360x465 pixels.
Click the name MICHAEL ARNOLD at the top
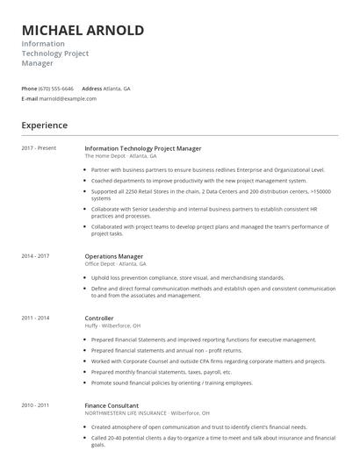pyautogui.click(x=83, y=31)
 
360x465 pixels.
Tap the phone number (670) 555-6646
pyautogui.click(x=57, y=89)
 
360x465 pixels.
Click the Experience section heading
pyautogui.click(x=45, y=125)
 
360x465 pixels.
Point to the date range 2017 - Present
pyautogui.click(x=39, y=148)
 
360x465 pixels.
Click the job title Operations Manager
pyautogui.click(x=114, y=256)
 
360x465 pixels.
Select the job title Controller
pyautogui.click(x=99, y=318)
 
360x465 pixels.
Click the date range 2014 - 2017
pyautogui.click(x=36, y=256)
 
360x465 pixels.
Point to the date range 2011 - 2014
pyautogui.click(x=36, y=318)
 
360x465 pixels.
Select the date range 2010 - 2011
pyautogui.click(x=36, y=404)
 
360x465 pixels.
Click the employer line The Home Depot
pyautogui.click(x=117, y=155)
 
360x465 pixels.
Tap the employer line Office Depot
pyautogui.click(x=115, y=263)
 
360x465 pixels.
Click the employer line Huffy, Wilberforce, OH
pyautogui.click(x=116, y=325)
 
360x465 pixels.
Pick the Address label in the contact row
pyautogui.click(x=92, y=89)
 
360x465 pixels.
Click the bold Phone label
pyautogui.click(x=29, y=89)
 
